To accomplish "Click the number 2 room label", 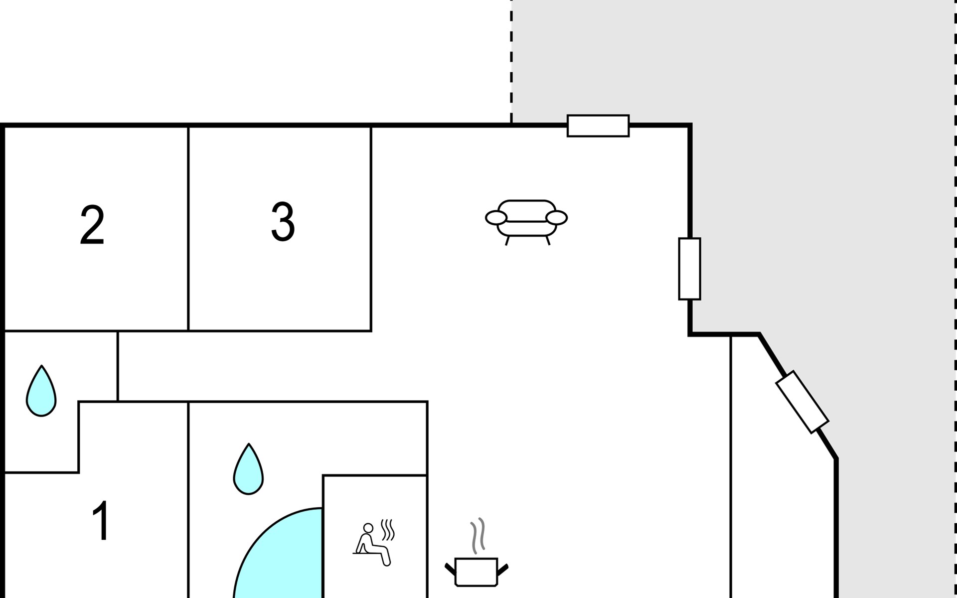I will coord(92,225).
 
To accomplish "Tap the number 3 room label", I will coord(283,222).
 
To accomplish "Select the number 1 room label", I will coord(101,521).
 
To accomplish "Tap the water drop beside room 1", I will coord(41,392).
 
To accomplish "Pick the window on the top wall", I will coord(598,126).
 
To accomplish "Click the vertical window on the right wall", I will coord(689,269).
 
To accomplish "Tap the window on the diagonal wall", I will coord(802,402).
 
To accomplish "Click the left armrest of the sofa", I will coord(496,218).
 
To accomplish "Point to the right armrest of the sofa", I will coord(557,218).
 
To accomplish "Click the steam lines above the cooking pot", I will coord(478,536).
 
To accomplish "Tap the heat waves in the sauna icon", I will coord(387,530).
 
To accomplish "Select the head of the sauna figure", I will coord(368,528).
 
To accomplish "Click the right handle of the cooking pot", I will coord(502,569).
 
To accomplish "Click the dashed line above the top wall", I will coord(511,60).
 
